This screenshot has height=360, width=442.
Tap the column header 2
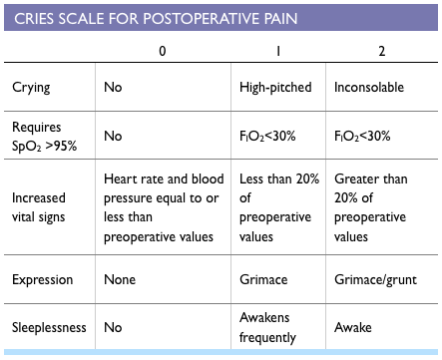tap(380, 50)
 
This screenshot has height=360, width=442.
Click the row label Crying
tap(31, 87)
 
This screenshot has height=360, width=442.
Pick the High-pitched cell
tap(274, 87)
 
